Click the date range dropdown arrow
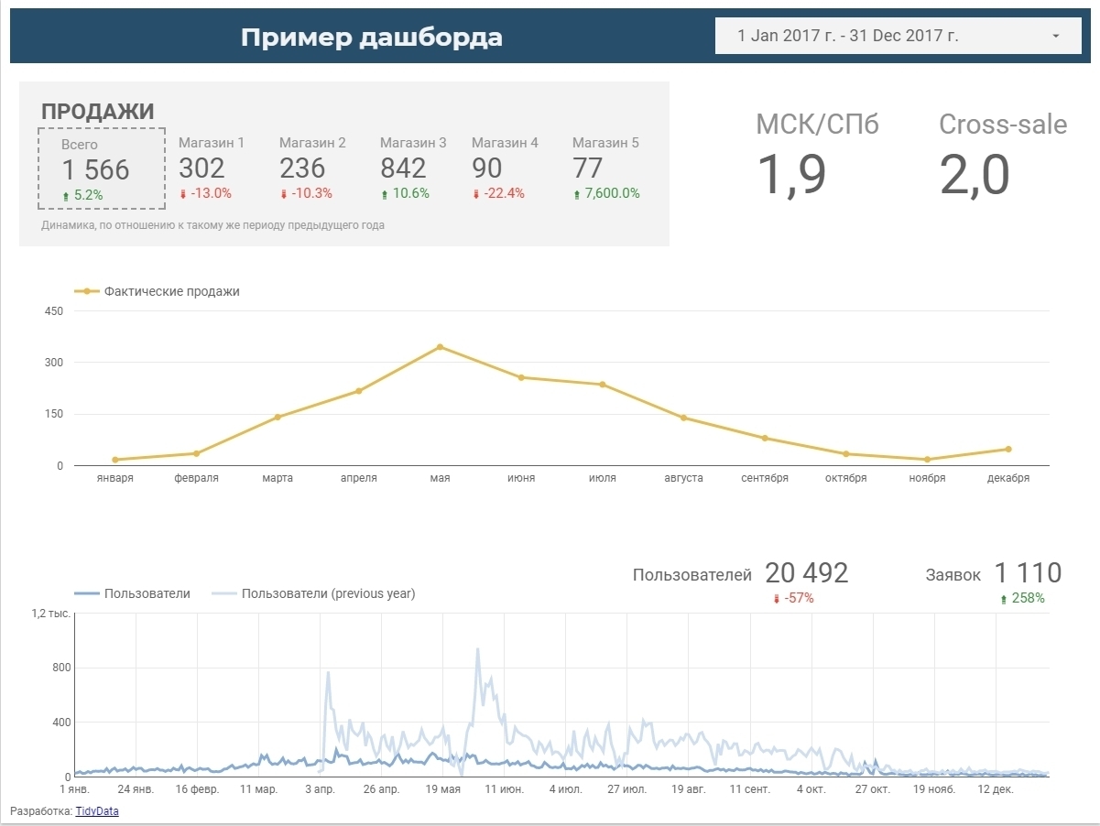coord(1055,37)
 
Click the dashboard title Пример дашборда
coord(371,38)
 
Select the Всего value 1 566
coord(95,169)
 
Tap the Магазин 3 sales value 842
coord(403,168)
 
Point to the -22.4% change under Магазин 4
coord(498,193)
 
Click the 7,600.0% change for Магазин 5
coord(606,193)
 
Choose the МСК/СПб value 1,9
coord(792,174)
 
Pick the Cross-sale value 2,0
coord(975,174)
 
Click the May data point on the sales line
coord(440,347)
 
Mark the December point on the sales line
coord(1008,449)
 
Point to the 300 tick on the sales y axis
coord(54,363)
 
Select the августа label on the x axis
coord(683,478)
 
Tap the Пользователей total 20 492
coord(806,573)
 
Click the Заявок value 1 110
coord(1028,573)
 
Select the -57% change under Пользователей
coord(793,598)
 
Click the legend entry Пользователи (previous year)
coord(328,593)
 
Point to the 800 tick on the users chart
coord(61,668)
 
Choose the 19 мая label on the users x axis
coord(443,789)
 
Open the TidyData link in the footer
coord(97,810)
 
